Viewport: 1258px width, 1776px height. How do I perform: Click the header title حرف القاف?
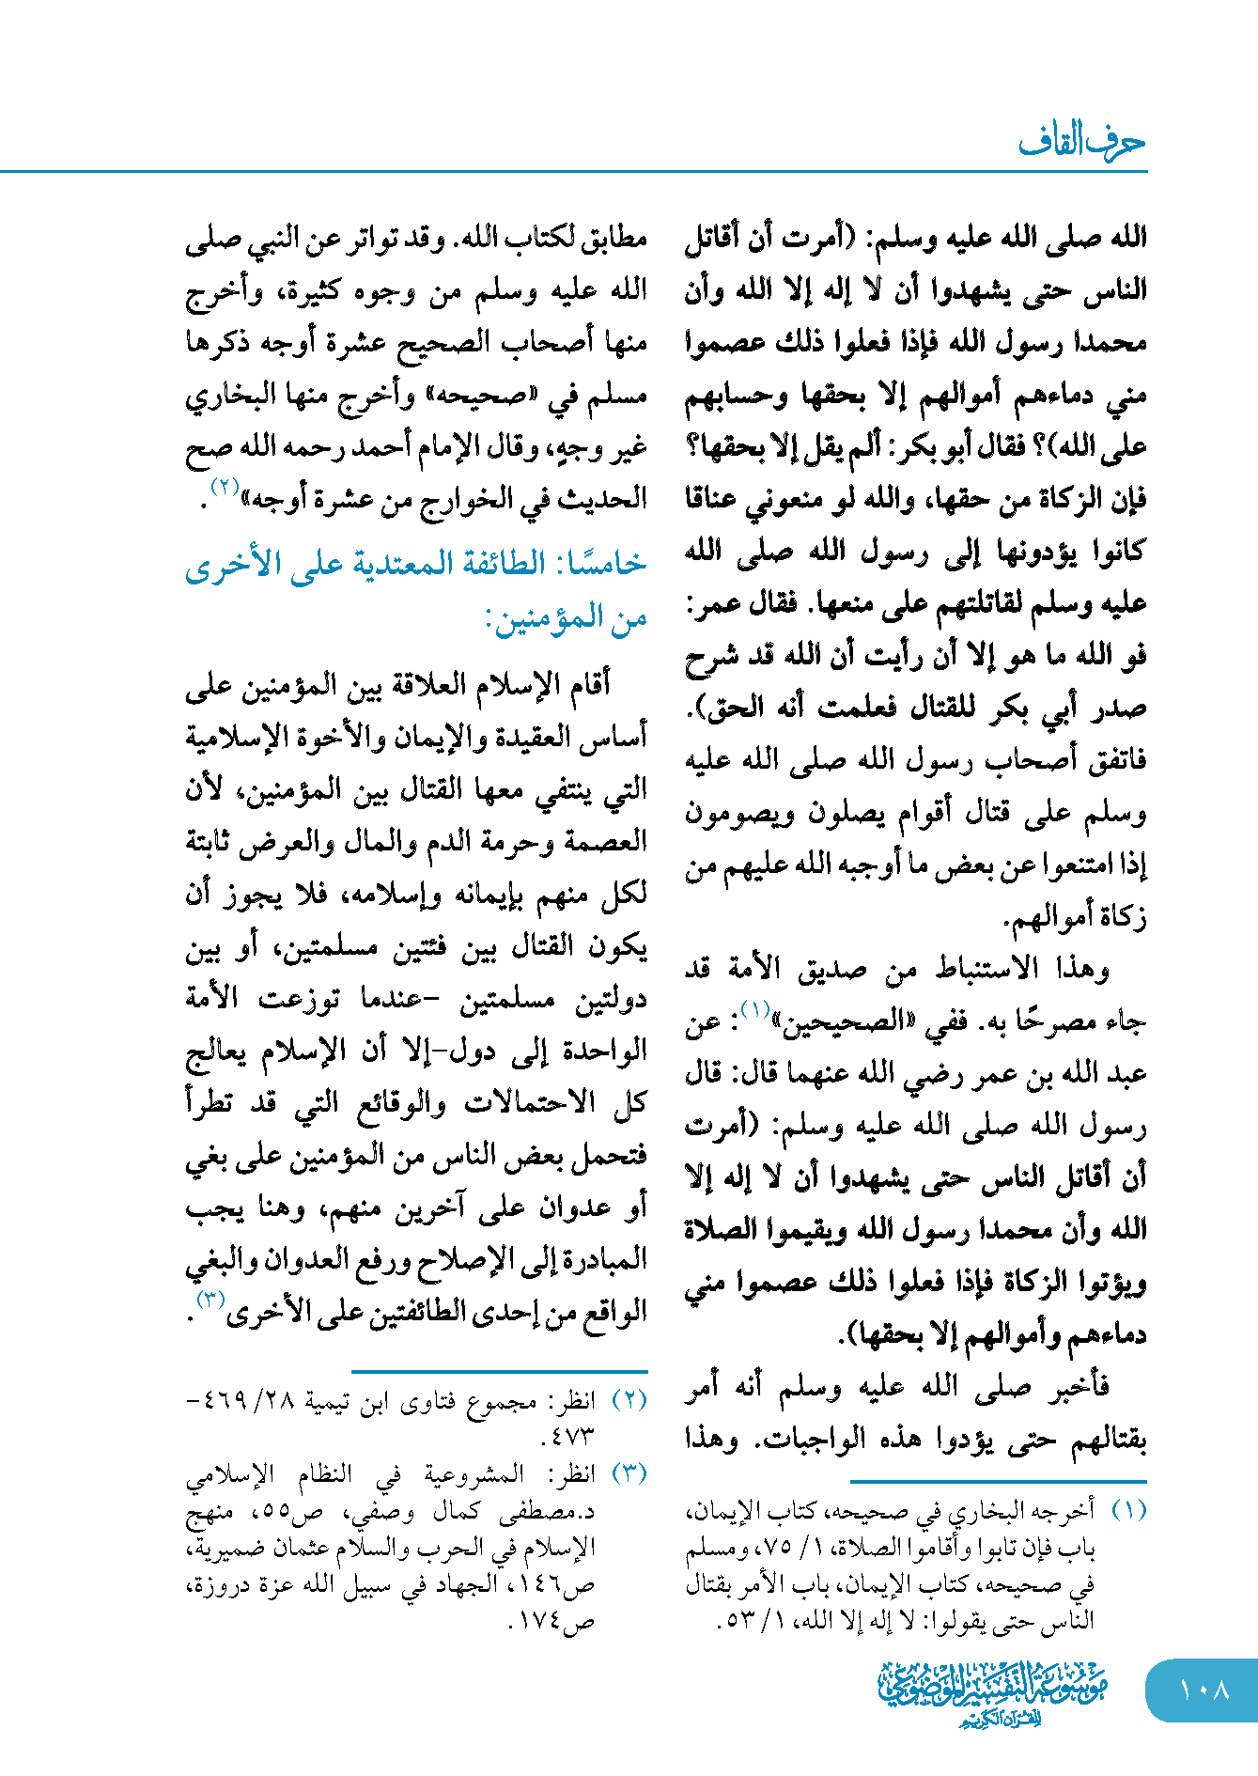(1081, 143)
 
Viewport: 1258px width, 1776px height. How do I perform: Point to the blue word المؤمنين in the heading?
(543, 618)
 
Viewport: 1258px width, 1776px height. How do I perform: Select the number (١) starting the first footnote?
(1128, 1511)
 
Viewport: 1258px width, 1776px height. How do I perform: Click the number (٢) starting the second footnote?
(629, 1400)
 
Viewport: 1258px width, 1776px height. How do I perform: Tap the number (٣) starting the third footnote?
(629, 1473)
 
